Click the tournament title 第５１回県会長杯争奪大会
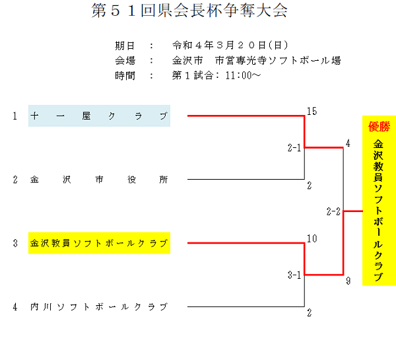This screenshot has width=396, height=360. pyautogui.click(x=191, y=12)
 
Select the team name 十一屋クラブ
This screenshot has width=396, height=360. pyautogui.click(x=99, y=116)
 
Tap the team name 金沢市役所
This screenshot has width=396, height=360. pyautogui.click(x=99, y=179)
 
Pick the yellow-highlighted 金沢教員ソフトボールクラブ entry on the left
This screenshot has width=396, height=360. pyautogui.click(x=99, y=243)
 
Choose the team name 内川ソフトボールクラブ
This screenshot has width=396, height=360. pyautogui.click(x=99, y=306)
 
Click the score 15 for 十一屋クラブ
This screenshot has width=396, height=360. pyautogui.click(x=312, y=111)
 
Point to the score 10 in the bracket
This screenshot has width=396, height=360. pyautogui.click(x=312, y=238)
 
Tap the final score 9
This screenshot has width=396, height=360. pyautogui.click(x=348, y=281)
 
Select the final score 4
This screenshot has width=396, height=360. pyautogui.click(x=348, y=143)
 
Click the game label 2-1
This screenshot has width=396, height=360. pyautogui.click(x=294, y=148)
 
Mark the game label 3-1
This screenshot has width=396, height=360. pyautogui.click(x=294, y=275)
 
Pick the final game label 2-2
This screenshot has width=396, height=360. pyautogui.click(x=333, y=211)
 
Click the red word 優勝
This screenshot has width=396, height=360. pyautogui.click(x=379, y=126)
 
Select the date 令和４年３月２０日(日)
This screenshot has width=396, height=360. pyautogui.click(x=230, y=46)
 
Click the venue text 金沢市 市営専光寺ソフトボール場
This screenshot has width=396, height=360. pyautogui.click(x=256, y=60)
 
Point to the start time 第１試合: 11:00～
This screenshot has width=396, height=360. pyautogui.click(x=216, y=75)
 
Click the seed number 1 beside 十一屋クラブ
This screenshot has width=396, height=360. pyautogui.click(x=14, y=116)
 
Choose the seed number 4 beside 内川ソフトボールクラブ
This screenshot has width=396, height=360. pyautogui.click(x=14, y=306)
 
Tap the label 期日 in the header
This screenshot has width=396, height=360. pyautogui.click(x=125, y=46)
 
